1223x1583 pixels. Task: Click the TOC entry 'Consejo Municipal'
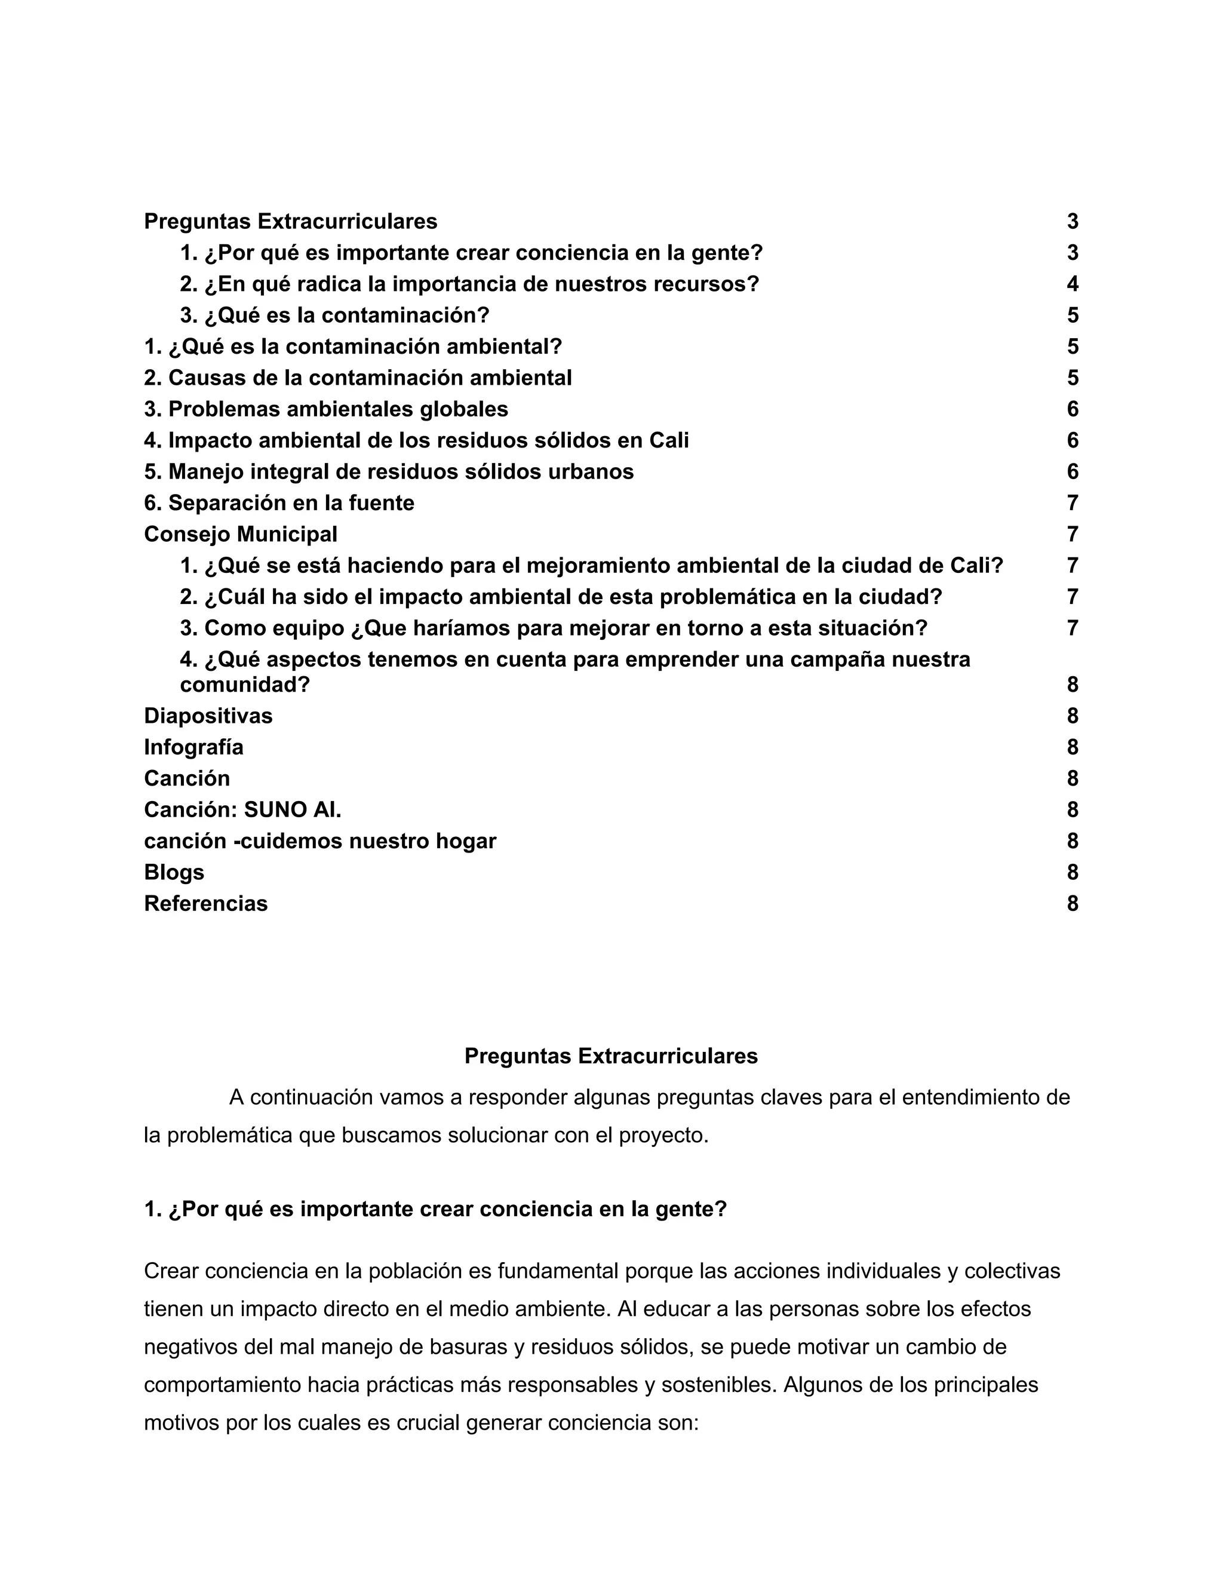coord(241,534)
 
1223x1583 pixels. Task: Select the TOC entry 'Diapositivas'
coord(208,716)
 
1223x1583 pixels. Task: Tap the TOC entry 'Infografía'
coord(193,747)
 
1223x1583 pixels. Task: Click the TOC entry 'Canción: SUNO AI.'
coord(242,809)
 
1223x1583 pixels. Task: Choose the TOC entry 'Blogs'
coord(174,872)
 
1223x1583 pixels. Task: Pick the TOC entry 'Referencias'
coord(206,904)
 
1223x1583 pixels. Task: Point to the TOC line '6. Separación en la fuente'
coord(279,503)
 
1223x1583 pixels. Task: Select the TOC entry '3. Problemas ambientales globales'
coord(326,410)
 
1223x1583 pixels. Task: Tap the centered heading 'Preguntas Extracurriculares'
coord(611,1056)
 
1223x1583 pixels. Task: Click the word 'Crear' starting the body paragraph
coord(171,1271)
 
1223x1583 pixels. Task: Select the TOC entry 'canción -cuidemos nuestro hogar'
coord(320,841)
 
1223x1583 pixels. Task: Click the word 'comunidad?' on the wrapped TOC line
coord(245,685)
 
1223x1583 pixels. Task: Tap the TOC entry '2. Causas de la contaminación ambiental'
coord(358,378)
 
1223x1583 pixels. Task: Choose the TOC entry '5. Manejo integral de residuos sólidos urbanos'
coord(389,472)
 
